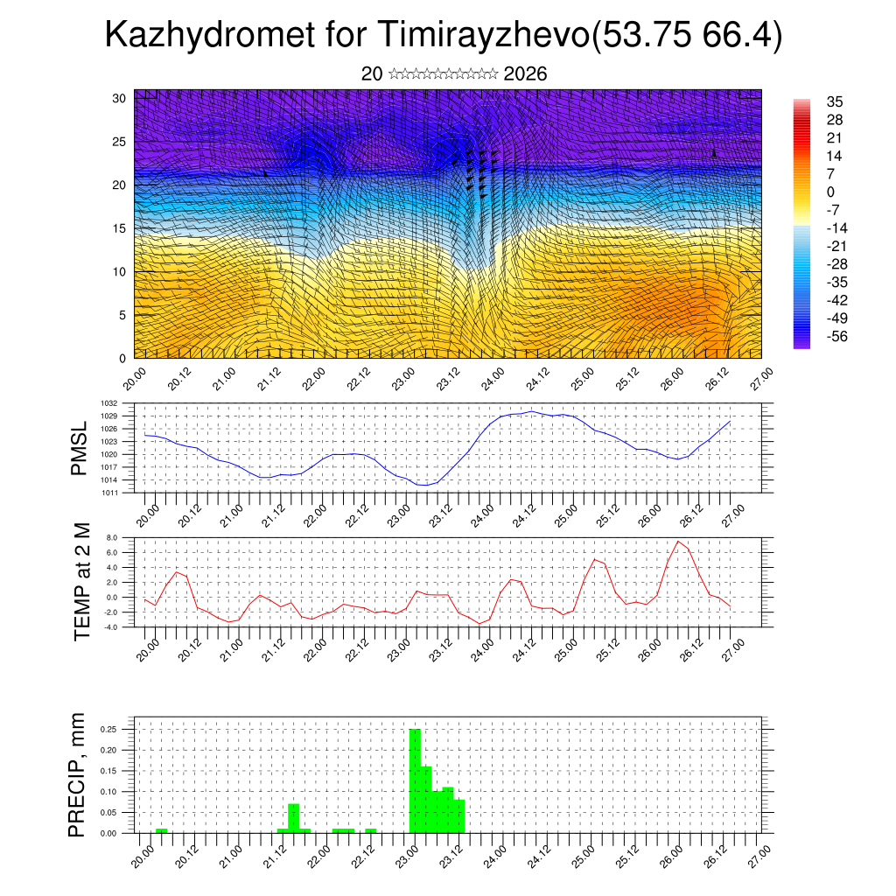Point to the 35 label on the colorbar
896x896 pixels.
[x=835, y=101]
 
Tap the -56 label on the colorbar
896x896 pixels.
[x=837, y=336]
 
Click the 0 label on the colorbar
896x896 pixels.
[x=831, y=192]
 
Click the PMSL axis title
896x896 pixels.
[x=79, y=448]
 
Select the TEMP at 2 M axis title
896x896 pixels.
[x=83, y=581]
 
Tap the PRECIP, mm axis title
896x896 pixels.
[x=79, y=774]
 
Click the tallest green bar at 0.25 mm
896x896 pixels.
[x=416, y=779]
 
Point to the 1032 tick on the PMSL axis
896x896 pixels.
[x=122, y=403]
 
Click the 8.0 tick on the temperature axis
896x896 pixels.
[x=123, y=537]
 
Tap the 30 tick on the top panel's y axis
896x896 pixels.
[x=120, y=98]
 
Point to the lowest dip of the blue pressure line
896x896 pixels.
[x=423, y=484]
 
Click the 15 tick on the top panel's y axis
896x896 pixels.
[x=120, y=228]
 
